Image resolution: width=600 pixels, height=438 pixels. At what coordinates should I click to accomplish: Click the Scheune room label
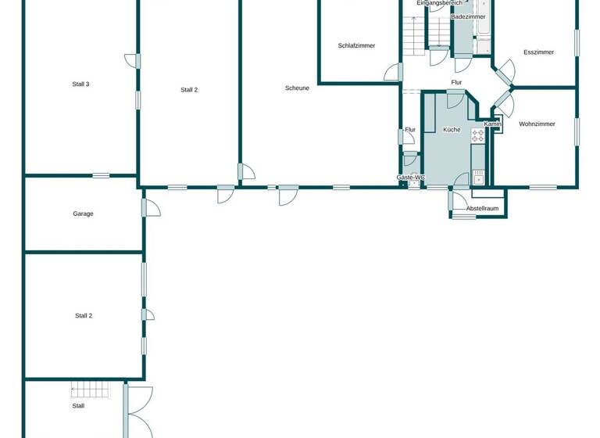tap(297, 88)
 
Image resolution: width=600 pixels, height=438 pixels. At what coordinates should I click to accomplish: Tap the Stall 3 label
tap(81, 84)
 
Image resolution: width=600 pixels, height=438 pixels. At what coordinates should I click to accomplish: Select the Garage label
tap(83, 214)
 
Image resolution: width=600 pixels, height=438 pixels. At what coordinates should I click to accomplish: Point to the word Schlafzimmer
tap(356, 46)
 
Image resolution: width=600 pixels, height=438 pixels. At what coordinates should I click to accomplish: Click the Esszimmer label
tap(538, 52)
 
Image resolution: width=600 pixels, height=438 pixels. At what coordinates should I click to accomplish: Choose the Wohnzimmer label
tap(537, 124)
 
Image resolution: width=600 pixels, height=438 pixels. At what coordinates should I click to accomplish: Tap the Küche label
tap(452, 130)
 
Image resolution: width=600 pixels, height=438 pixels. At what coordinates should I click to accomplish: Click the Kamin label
tap(492, 124)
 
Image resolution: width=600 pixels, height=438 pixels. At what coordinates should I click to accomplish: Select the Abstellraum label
tap(481, 209)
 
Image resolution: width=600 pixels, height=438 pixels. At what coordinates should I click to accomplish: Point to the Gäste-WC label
tap(410, 178)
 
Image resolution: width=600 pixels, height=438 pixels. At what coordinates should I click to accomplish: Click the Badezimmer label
tap(468, 16)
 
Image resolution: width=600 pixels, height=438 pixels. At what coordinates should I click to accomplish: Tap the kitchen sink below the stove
tap(478, 177)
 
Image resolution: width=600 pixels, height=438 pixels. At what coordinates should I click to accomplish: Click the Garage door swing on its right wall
tap(151, 207)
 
